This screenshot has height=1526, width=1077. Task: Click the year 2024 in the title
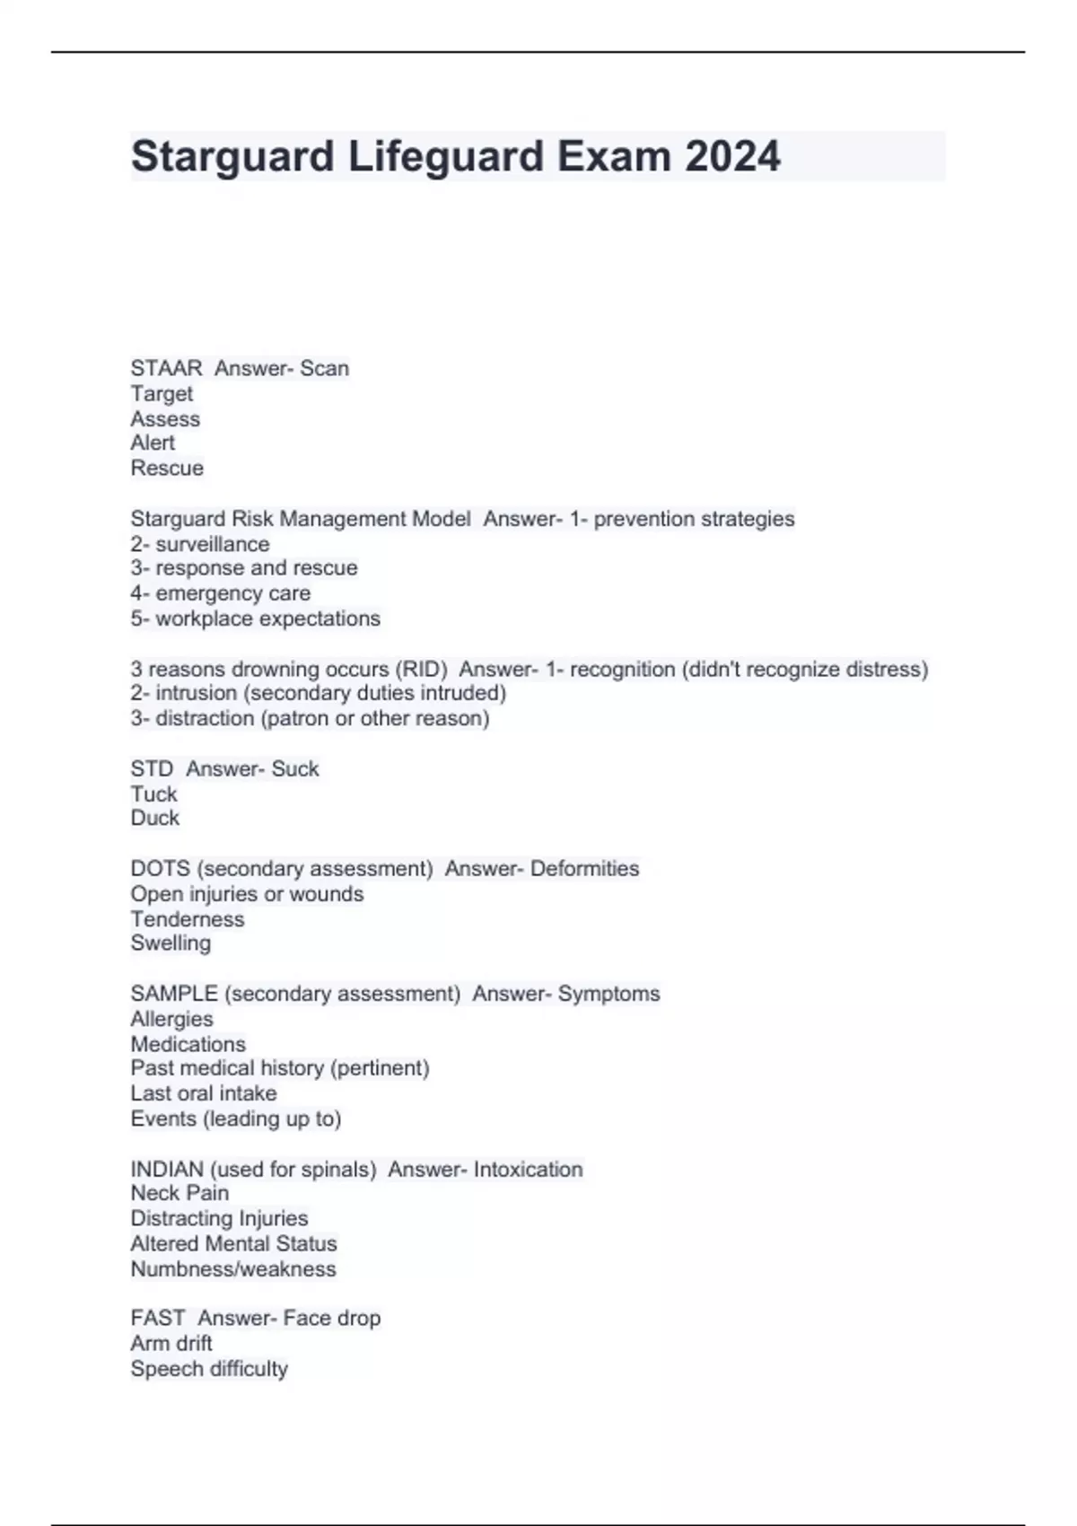pyautogui.click(x=732, y=156)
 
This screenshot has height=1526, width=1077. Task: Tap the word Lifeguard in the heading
pyautogui.click(x=445, y=156)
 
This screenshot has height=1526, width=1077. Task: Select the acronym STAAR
pyautogui.click(x=166, y=368)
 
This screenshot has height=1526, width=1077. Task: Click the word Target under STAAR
pyautogui.click(x=162, y=393)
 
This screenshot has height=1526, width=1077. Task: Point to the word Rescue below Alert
pyautogui.click(x=167, y=468)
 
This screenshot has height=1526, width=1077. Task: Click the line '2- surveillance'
pyautogui.click(x=199, y=544)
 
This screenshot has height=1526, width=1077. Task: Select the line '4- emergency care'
pyautogui.click(x=220, y=593)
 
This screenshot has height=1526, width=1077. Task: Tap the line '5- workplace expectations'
pyautogui.click(x=255, y=618)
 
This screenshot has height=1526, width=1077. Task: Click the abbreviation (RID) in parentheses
pyautogui.click(x=421, y=669)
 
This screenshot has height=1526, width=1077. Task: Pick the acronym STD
pyautogui.click(x=152, y=768)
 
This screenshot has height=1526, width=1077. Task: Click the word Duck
pyautogui.click(x=154, y=818)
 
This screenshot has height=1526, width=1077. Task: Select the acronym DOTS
pyautogui.click(x=160, y=868)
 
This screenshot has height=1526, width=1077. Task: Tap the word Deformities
pyautogui.click(x=584, y=868)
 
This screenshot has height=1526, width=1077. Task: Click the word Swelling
pyautogui.click(x=171, y=943)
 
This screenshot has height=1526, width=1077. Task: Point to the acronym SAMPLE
pyautogui.click(x=174, y=994)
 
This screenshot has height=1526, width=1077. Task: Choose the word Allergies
pyautogui.click(x=171, y=1019)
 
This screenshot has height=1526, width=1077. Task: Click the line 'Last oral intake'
pyautogui.click(x=203, y=1093)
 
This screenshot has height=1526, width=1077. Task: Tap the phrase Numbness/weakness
pyautogui.click(x=232, y=1268)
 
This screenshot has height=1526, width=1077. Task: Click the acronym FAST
pyautogui.click(x=157, y=1318)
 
